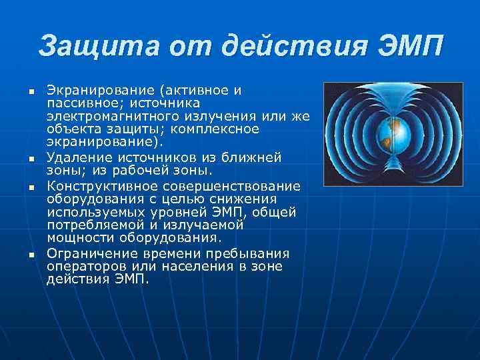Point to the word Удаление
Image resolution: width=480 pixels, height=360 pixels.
(x=76, y=158)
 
